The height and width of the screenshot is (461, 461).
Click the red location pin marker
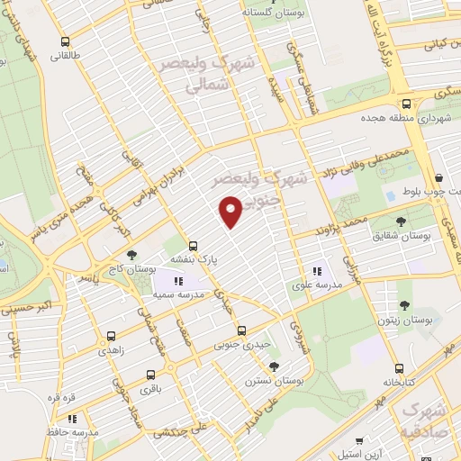[231, 211]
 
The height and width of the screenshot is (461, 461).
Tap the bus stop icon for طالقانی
[65, 41]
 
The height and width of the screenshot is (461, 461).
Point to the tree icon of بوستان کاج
[131, 256]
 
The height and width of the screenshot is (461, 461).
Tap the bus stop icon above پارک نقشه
[193, 245]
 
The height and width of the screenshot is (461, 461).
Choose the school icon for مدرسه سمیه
[165, 281]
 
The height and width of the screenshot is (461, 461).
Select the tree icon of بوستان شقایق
[401, 221]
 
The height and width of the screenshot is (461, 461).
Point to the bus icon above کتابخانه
[398, 367]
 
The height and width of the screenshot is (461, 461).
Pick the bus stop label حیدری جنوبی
[220, 343]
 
